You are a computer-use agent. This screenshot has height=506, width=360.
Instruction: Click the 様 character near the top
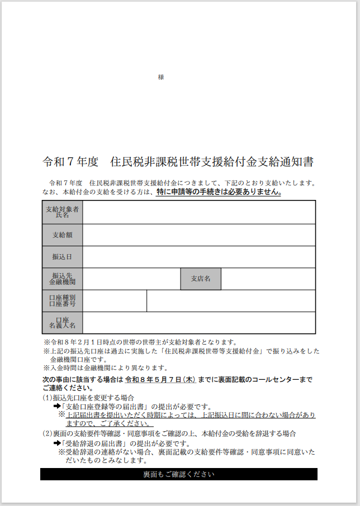coord(161,78)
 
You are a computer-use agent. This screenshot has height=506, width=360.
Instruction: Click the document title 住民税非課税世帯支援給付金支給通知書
coord(212,163)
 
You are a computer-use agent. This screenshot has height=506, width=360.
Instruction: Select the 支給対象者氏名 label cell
coord(62,212)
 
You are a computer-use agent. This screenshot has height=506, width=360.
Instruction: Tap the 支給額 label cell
coord(62,235)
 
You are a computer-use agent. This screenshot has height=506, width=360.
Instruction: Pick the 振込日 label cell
coord(62,257)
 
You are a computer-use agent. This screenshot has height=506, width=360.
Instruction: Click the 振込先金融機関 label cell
coord(62,279)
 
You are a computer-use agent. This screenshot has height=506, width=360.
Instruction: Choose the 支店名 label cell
coord(201,279)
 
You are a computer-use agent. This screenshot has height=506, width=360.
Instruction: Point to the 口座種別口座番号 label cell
coord(62,301)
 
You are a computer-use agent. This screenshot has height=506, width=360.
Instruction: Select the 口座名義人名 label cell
coord(62,323)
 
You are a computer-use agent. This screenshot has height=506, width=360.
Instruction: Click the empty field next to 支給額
coord(199,235)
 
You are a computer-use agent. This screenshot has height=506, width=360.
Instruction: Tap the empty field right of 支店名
coord(268,279)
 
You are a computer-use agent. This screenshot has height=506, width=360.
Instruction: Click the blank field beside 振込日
coord(199,257)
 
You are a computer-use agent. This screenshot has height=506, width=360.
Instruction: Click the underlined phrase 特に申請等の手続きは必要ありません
coord(219,192)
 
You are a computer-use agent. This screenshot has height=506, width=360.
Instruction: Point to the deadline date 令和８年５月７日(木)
coord(160,380)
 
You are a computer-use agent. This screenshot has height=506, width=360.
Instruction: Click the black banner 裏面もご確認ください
coord(179,474)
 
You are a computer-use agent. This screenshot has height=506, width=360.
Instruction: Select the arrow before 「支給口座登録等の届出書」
coord(56,407)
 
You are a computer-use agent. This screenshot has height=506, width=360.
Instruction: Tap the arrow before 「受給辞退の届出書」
coord(56,443)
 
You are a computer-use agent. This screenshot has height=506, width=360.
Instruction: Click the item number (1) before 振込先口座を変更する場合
coord(48,398)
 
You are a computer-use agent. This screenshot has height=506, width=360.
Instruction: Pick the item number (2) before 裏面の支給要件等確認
coord(48,433)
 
